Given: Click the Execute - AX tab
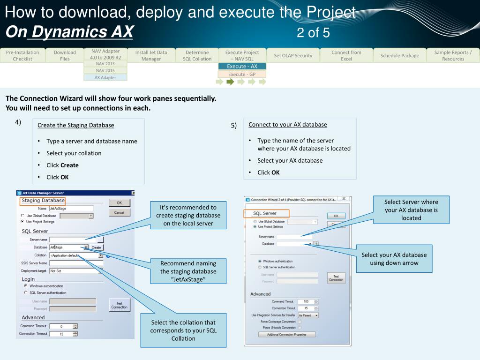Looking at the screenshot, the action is point(242,66).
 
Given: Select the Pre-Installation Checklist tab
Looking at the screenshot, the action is point(22,55).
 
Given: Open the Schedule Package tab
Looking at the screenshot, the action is point(399,55).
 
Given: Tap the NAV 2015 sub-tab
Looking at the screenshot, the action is point(105,70).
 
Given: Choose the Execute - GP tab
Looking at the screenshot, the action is point(242,74).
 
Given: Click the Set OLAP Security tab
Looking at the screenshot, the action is point(293,55).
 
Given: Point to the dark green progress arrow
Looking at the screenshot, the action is point(230,82).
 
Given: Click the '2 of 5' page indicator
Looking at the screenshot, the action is point(313,33).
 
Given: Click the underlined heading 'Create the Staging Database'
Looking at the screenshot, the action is point(75,125).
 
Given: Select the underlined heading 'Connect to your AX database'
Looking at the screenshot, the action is point(287,125).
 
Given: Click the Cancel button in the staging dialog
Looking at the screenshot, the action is point(119,212).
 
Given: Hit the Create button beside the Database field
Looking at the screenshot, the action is point(96,247).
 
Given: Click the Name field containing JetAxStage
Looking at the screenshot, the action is point(71,208).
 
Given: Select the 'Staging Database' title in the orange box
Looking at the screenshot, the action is point(43,201).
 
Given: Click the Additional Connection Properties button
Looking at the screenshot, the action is point(287,334).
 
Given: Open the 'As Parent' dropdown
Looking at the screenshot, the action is point(308,315).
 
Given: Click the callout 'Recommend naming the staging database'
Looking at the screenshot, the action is point(188,271).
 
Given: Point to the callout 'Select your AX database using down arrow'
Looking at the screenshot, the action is point(394,259).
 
